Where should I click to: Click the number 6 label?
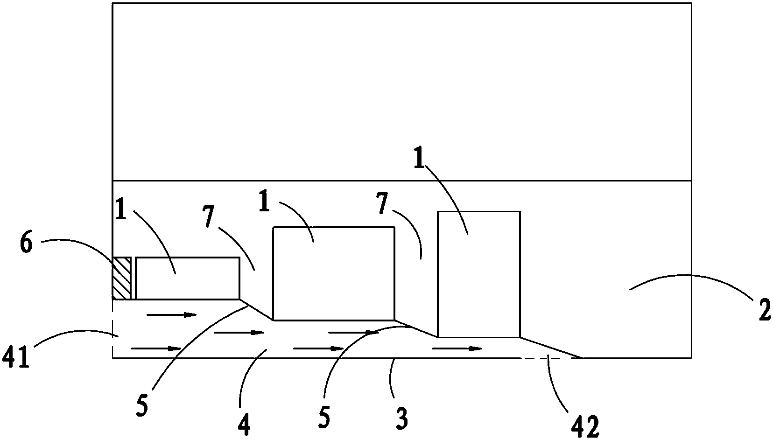pos(26,244)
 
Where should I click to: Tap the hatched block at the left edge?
pos(121,278)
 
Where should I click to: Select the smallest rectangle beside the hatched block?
pos(187,278)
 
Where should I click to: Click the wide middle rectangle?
pos(333,273)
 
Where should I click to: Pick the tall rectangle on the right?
pos(478,274)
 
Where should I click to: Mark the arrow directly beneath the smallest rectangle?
pos(171,315)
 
